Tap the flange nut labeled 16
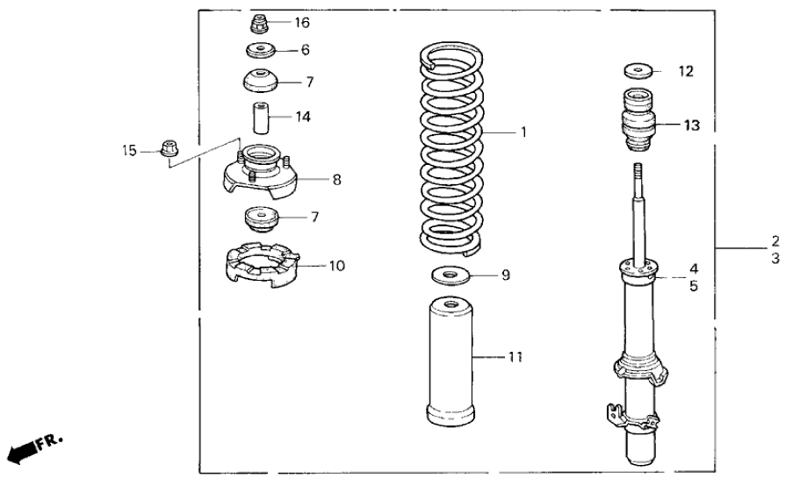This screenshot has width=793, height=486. click(261, 22)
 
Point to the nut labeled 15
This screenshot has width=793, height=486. click(169, 148)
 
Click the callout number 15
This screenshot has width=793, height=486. click(129, 151)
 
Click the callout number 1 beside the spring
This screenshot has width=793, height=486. click(523, 133)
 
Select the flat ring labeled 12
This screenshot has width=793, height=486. click(639, 69)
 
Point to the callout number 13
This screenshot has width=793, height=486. click(692, 125)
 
